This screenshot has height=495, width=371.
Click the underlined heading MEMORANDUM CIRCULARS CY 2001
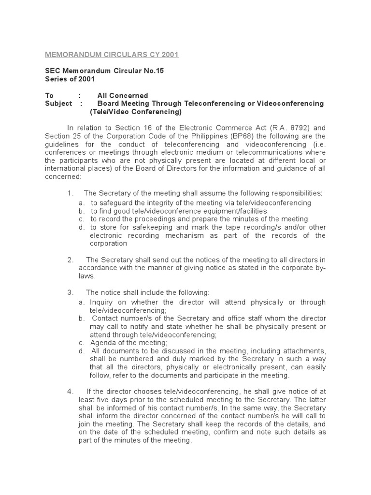112,55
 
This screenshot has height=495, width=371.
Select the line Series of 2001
71,79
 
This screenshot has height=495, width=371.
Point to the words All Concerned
123,95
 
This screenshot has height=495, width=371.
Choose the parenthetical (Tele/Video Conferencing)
136,112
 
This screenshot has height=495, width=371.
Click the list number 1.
70,193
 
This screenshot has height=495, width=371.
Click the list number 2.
70,260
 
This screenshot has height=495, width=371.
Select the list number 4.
70,391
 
